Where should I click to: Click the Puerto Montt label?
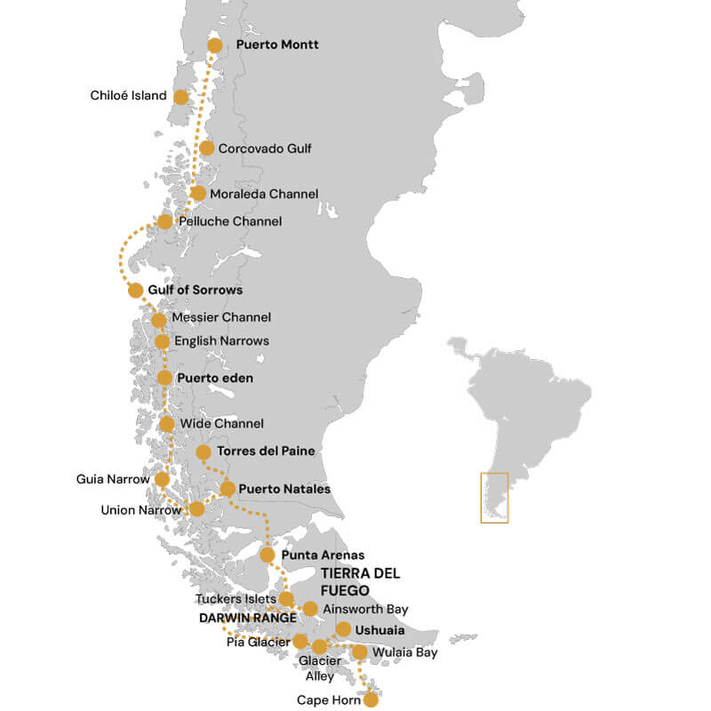coord(277,44)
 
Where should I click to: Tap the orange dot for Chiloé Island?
coord(180,97)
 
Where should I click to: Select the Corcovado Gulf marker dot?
coord(207,148)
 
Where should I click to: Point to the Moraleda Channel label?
coord(264,193)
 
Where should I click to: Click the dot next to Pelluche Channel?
coord(164,221)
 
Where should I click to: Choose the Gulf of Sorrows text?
coord(195,290)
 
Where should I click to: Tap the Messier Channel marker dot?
coord(158,320)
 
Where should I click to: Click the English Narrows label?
coord(221,340)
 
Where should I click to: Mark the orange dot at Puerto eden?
coord(164,378)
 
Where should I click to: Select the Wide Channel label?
coord(221,424)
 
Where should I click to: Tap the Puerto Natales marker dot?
coord(228,489)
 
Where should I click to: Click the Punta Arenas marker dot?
coord(267,555)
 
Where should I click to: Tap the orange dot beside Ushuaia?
coord(344,630)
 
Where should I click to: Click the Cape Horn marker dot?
coord(371,699)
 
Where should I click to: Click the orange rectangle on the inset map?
coord(494,498)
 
